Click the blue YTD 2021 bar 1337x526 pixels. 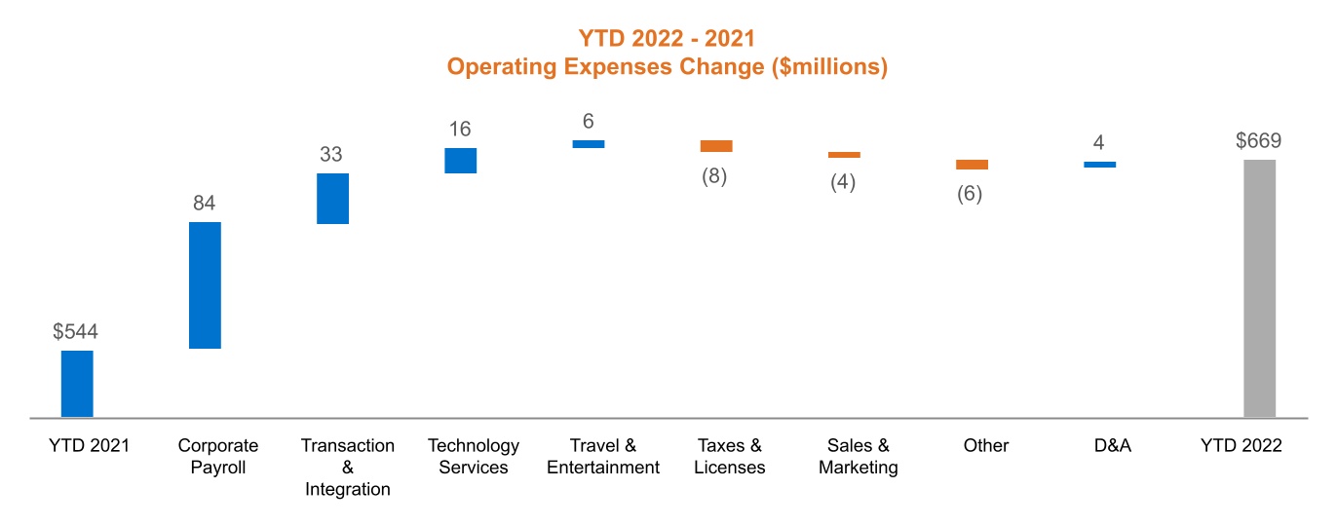pos(77,384)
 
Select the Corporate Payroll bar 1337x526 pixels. pos(205,284)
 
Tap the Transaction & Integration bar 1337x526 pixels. pos(332,199)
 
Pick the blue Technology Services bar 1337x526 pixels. pos(460,161)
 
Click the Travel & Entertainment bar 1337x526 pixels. pos(588,144)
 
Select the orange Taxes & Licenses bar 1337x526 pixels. pos(715,146)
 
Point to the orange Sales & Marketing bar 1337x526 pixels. pos(844,155)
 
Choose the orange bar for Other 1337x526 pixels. pos(972,165)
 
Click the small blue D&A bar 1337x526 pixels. pos(1099,165)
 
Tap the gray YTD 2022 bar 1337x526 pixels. pos(1259,288)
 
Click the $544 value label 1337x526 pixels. pos(76,332)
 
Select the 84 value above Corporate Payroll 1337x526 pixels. pos(204,204)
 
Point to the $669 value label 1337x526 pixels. pos(1258,141)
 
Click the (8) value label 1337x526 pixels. pos(715,176)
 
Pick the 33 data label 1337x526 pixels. pos(331,155)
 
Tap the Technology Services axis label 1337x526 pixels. pos(474,457)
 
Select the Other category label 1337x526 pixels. pos(985,446)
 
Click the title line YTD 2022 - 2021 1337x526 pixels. pos(668,38)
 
